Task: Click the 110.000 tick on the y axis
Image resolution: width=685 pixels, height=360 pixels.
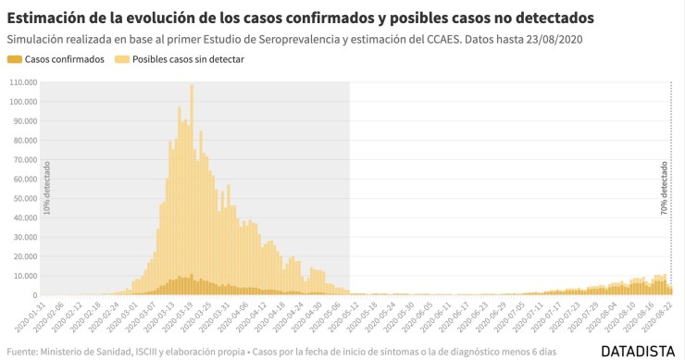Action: point(20,81)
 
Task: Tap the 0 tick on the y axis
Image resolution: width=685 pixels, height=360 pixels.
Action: point(34,296)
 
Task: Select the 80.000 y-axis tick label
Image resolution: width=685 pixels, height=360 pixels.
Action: point(22,140)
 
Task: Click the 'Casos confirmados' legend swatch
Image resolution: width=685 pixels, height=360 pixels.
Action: point(14,59)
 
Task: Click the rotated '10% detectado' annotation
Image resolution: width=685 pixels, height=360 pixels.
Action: point(47,188)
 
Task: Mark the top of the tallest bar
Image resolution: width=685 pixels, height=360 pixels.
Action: point(192,85)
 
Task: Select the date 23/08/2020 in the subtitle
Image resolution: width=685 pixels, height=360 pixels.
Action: point(552,40)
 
